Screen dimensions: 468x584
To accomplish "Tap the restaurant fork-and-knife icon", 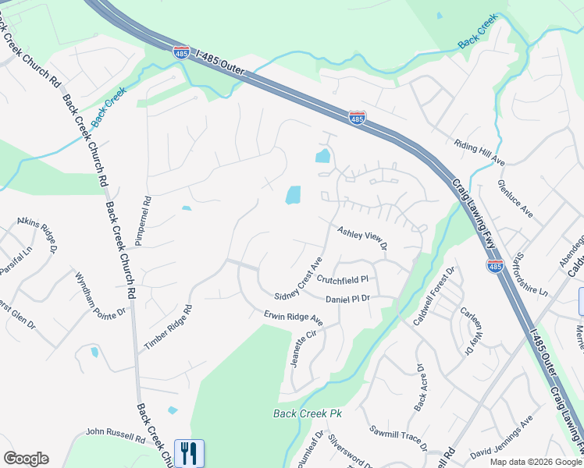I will [x=188, y=452].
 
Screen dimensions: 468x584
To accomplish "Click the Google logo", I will [x=26, y=459].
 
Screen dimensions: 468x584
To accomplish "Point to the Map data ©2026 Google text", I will [x=535, y=462].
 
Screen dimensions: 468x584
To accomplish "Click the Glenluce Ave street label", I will [x=515, y=199].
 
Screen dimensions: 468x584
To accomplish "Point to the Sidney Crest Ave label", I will [x=298, y=277].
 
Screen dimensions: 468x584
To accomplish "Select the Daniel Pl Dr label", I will [x=347, y=298].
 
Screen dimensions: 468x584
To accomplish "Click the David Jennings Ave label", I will [x=501, y=441].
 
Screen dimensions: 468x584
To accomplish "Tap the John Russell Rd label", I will [x=116, y=434].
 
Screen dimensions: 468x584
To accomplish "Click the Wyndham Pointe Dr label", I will [x=100, y=295].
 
